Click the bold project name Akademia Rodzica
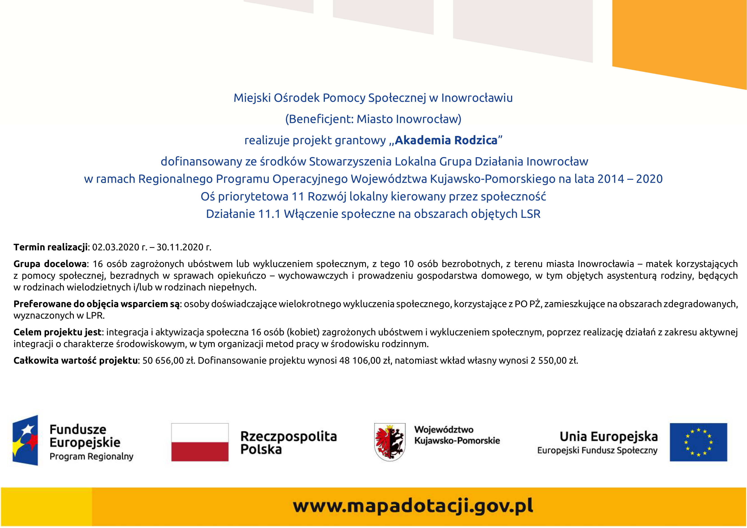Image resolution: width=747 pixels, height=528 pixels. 446,140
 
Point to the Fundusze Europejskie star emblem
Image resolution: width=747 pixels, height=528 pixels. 25,440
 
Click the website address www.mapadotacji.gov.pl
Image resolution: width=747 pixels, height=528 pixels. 413,506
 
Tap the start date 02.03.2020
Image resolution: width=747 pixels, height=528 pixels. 116,247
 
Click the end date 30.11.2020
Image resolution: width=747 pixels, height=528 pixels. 180,247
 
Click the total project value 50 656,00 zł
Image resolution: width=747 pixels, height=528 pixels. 168,361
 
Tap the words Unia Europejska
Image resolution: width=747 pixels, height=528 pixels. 608,436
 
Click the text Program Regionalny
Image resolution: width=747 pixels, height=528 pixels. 91,456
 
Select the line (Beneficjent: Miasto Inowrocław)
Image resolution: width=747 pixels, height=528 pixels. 373,119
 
